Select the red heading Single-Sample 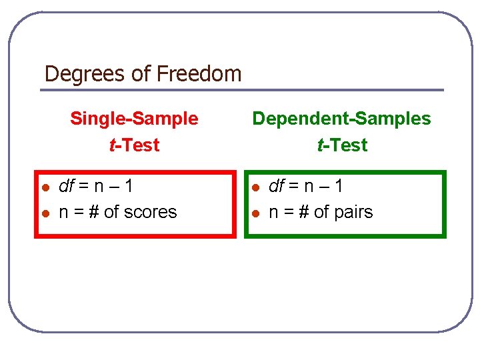click(134, 119)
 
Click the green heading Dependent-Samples click(341, 119)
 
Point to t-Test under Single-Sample click(134, 145)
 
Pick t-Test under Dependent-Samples click(341, 145)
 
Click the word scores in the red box click(150, 212)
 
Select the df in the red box click(67, 186)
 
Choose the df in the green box click(276, 186)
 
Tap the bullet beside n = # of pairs click(255, 213)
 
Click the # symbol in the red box click(93, 212)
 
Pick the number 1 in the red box click(127, 186)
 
